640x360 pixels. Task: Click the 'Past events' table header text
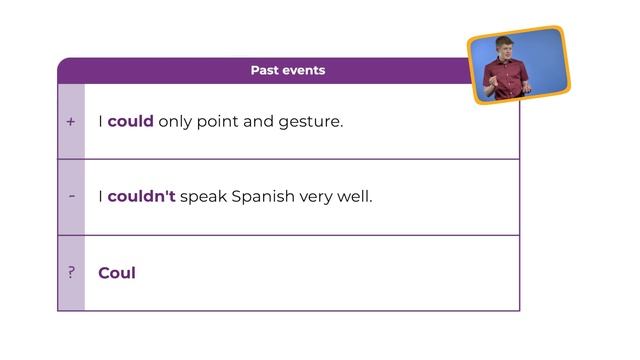pos(288,70)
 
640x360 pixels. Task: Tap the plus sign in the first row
pos(71,122)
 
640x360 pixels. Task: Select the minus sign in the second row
pos(71,196)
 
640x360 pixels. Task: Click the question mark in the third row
pos(71,272)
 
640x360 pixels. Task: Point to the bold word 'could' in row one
pos(130,122)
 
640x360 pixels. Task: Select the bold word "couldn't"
pos(141,196)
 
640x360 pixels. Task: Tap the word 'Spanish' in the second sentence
pos(263,196)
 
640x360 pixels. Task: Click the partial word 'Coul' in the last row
pos(117,272)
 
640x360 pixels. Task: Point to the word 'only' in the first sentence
pos(177,122)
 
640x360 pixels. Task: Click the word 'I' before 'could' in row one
pos(100,122)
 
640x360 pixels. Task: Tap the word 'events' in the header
pos(305,70)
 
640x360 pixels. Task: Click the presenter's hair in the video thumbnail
pos(503,42)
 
